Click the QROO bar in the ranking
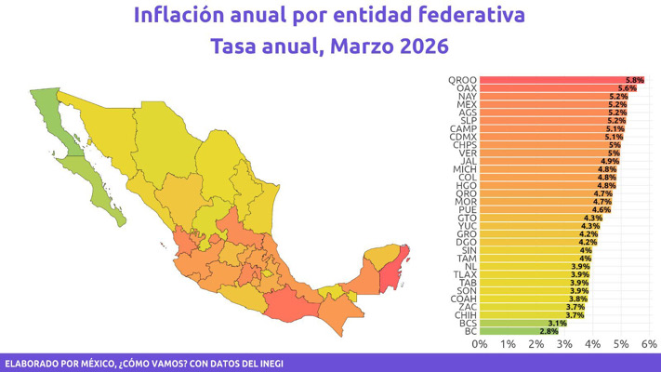(558, 80)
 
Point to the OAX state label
(467, 88)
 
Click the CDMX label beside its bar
(464, 137)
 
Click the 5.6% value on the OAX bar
(628, 88)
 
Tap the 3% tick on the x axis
(564, 344)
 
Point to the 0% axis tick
(480, 344)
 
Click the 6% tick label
(649, 344)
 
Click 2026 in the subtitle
(421, 46)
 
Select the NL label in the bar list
(470, 266)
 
